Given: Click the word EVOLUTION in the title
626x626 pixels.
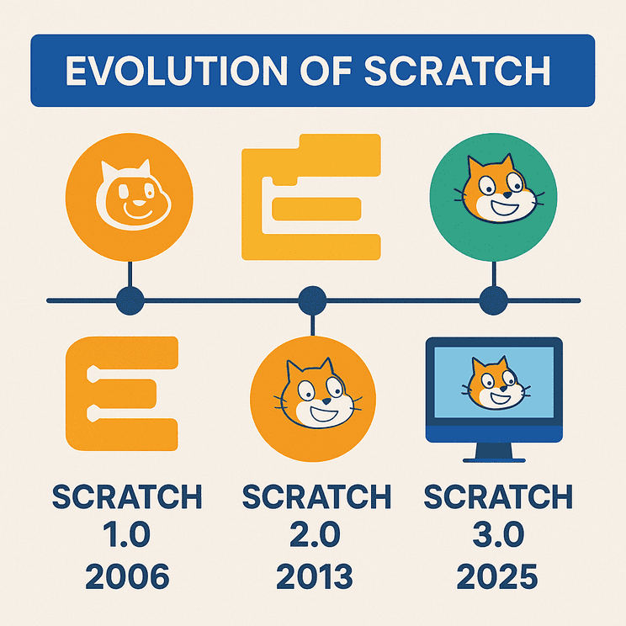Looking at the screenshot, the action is tap(177, 71).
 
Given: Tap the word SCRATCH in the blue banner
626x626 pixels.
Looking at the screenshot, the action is tap(458, 71).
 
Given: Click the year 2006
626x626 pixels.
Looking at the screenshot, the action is tap(127, 576).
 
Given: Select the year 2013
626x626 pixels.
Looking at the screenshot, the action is tap(315, 576).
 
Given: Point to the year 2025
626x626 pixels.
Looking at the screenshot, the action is tap(497, 576).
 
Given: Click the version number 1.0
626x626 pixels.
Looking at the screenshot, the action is tap(126, 534).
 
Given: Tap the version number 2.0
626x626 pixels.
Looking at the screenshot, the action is tap(315, 534).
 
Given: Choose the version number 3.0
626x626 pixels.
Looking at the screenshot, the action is tap(498, 534).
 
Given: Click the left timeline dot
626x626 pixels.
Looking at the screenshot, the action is tap(130, 300).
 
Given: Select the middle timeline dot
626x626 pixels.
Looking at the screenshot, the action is tap(313, 300).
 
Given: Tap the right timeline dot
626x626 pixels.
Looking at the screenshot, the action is tap(493, 300).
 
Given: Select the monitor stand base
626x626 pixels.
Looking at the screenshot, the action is tap(494, 461).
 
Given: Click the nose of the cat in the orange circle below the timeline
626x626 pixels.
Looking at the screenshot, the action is tap(326, 401).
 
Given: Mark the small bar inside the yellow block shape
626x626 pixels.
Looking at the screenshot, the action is tap(316, 209).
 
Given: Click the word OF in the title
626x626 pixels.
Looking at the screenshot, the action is tap(326, 71).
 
